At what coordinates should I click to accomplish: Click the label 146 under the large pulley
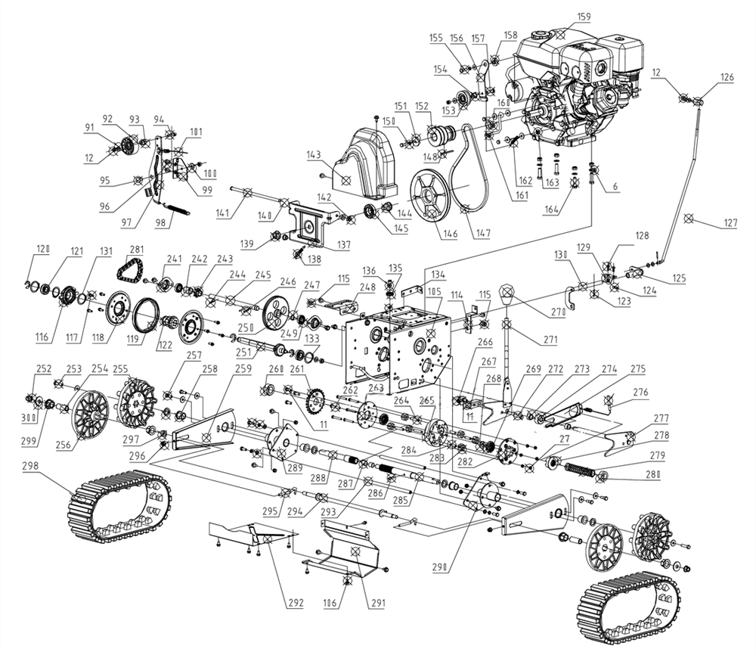[451, 234]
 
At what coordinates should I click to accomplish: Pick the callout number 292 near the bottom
[294, 603]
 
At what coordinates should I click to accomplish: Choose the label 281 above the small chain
[137, 250]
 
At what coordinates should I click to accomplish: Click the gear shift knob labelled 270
[509, 293]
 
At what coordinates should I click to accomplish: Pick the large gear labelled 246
[279, 311]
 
